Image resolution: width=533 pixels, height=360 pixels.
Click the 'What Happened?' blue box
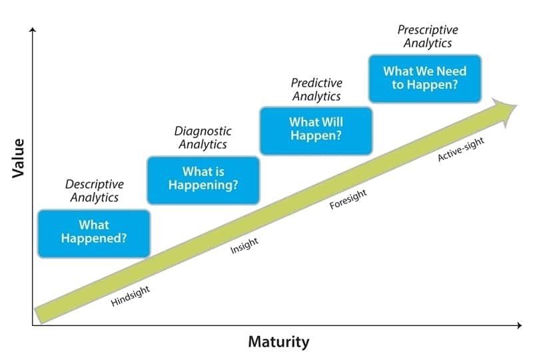(94, 234)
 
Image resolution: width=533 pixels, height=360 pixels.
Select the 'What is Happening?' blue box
(203, 181)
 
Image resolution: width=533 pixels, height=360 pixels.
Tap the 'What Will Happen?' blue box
(316, 131)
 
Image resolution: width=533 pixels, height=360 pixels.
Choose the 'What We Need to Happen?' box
(425, 78)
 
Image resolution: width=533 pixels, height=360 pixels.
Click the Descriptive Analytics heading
(95, 191)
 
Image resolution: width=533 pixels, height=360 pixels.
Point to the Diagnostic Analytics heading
(203, 137)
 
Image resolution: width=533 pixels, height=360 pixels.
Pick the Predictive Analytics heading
(316, 89)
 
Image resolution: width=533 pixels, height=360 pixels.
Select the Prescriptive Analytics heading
(428, 37)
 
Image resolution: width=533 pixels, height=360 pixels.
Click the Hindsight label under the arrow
(130, 296)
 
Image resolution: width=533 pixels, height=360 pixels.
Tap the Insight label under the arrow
(245, 246)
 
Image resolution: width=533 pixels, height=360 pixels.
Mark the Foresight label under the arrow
(348, 199)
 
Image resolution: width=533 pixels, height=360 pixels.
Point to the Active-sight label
(461, 150)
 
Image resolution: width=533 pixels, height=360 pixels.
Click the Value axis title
(19, 158)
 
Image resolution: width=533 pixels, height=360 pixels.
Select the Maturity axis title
(278, 341)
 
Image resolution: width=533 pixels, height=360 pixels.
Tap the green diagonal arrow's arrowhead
(504, 111)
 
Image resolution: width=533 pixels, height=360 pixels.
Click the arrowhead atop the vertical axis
(33, 29)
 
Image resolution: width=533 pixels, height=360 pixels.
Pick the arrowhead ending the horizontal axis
(519, 325)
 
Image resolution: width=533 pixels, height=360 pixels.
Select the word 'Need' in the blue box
(452, 71)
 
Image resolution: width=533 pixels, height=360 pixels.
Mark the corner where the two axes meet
(33, 325)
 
